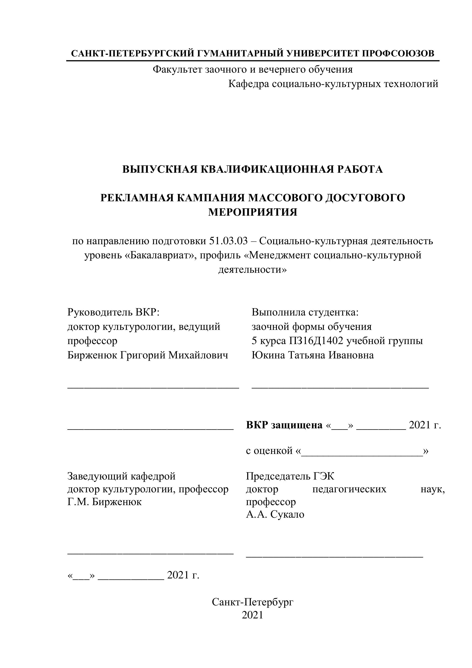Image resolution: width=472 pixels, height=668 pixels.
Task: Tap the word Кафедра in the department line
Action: tap(249, 84)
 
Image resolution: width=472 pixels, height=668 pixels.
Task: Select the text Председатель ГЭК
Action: tap(290, 476)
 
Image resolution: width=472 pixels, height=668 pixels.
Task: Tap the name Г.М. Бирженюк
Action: tap(104, 502)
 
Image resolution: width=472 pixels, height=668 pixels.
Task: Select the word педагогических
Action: tap(349, 489)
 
